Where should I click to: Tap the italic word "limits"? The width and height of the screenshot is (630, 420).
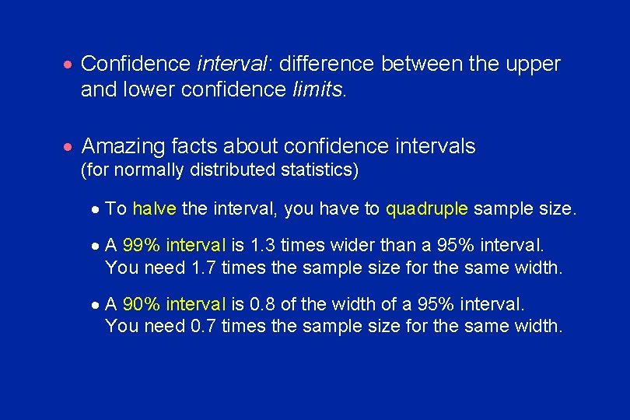[x=317, y=89]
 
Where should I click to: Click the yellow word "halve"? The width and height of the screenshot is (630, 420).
[x=154, y=208]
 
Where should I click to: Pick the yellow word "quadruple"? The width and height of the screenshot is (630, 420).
[x=427, y=208]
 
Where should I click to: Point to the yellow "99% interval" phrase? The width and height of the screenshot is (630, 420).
[x=173, y=246]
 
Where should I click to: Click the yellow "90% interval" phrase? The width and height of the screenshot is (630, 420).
[x=173, y=304]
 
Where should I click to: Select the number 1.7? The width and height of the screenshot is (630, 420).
[x=205, y=268]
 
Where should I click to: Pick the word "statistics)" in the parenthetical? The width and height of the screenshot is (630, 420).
[x=323, y=170]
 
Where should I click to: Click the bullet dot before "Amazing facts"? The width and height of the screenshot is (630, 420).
[x=69, y=147]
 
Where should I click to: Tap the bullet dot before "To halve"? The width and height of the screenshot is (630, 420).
[x=94, y=209]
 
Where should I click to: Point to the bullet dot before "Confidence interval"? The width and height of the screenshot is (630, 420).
[x=69, y=65]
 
